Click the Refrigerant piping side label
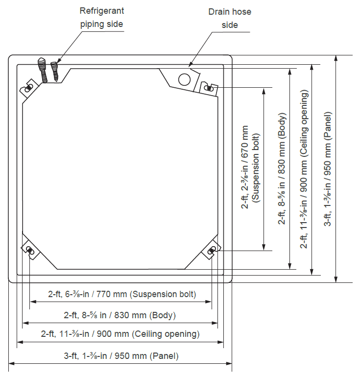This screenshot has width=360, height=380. coord(102,18)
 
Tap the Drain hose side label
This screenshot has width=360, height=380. coord(230,18)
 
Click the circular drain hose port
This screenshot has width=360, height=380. coord(184,79)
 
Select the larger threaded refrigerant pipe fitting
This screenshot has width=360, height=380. coord(43,70)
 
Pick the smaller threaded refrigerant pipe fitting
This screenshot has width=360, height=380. coord(55,71)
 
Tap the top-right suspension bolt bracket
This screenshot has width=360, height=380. coord(209,88)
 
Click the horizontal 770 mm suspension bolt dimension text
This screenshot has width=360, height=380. coord(122,294)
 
